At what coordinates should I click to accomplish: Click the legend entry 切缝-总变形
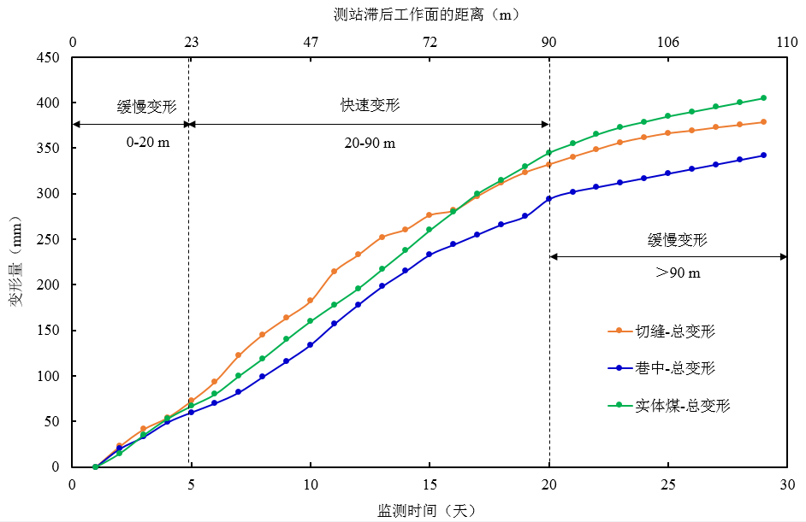click(674, 331)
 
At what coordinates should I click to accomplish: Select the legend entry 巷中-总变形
click(674, 368)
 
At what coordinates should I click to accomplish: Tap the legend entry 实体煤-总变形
click(682, 406)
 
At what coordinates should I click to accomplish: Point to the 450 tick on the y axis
click(50, 58)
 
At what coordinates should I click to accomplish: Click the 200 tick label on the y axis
click(50, 285)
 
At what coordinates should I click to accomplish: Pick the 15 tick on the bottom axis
click(430, 484)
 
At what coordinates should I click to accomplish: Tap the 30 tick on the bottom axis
click(786, 484)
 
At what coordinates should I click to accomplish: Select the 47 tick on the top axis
click(311, 42)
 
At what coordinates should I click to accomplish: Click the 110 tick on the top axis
click(786, 42)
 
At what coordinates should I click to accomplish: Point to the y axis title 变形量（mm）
click(15, 261)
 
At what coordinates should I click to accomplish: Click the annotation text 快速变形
click(370, 106)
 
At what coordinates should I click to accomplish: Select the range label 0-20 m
click(148, 142)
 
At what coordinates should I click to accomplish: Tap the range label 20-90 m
click(369, 142)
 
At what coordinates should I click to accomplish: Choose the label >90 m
click(678, 273)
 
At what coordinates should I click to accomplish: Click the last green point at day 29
click(763, 98)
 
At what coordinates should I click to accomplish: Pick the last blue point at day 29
click(763, 155)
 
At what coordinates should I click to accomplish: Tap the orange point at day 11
click(334, 271)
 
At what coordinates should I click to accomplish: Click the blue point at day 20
click(548, 199)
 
